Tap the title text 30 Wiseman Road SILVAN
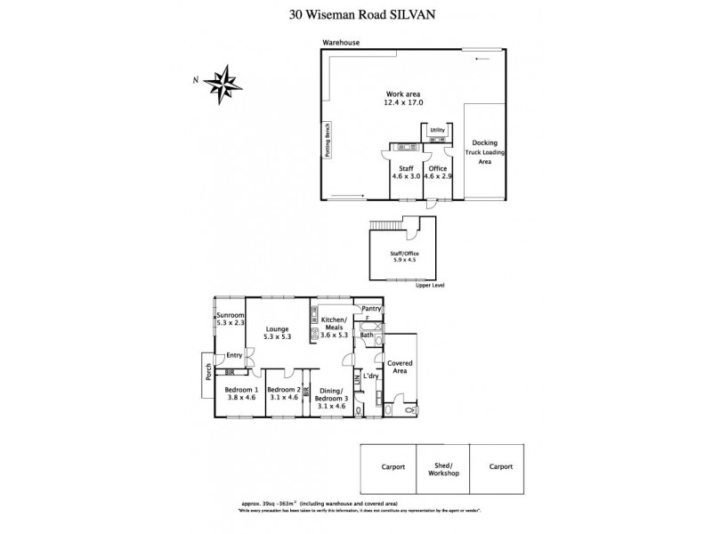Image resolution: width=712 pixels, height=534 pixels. (x=356, y=13)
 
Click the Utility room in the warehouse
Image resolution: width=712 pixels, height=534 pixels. (x=437, y=131)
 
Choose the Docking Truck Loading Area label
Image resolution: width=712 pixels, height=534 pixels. (x=484, y=152)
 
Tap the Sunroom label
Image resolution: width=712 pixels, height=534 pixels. (x=230, y=320)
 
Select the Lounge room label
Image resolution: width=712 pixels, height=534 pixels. (x=278, y=333)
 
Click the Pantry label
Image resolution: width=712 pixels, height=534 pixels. (x=371, y=309)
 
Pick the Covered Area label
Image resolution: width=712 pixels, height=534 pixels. (x=398, y=367)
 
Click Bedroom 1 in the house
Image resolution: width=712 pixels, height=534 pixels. (x=241, y=394)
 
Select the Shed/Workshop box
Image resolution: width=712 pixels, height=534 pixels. (x=442, y=469)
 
